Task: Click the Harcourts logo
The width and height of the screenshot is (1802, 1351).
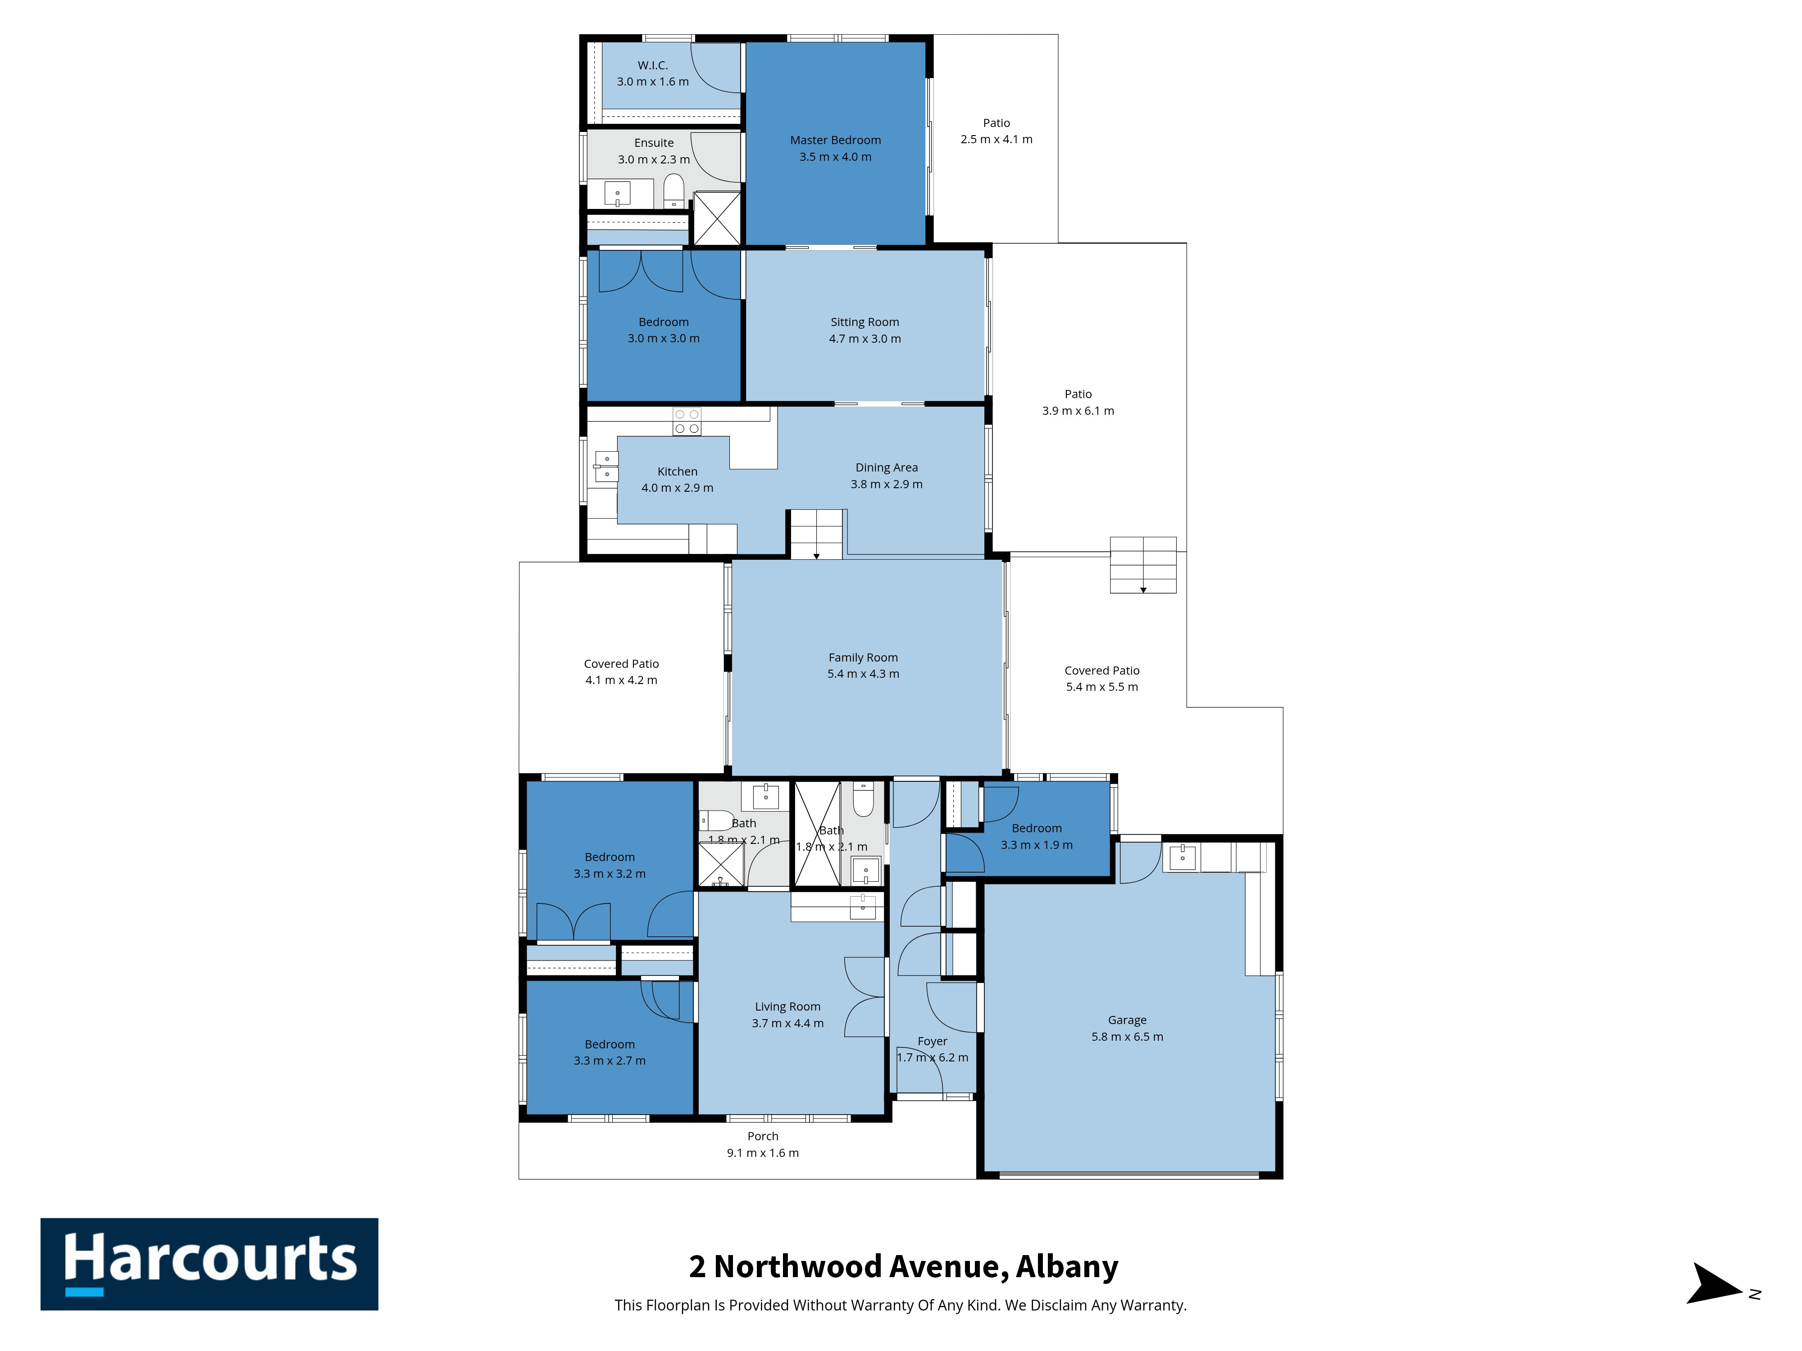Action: click(x=209, y=1264)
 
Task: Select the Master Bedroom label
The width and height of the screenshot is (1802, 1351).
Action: click(x=835, y=140)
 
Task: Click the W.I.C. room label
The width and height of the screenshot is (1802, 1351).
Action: click(x=652, y=65)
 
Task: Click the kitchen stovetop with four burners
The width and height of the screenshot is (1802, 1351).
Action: click(x=687, y=421)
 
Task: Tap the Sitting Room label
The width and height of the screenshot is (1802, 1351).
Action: click(x=865, y=322)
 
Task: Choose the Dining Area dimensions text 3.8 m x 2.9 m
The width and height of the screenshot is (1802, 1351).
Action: click(x=886, y=484)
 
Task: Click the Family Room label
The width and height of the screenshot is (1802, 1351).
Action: click(x=863, y=657)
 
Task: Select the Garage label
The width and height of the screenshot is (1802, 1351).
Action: click(x=1127, y=1020)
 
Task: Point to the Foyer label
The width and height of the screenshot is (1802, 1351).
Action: click(x=932, y=1041)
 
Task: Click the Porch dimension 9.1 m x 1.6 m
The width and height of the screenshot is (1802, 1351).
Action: click(x=763, y=1152)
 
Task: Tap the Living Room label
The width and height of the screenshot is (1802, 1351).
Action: click(x=787, y=1006)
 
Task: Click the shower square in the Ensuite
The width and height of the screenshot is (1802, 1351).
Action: click(x=717, y=218)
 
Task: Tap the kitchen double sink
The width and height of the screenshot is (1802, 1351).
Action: click(x=606, y=467)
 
